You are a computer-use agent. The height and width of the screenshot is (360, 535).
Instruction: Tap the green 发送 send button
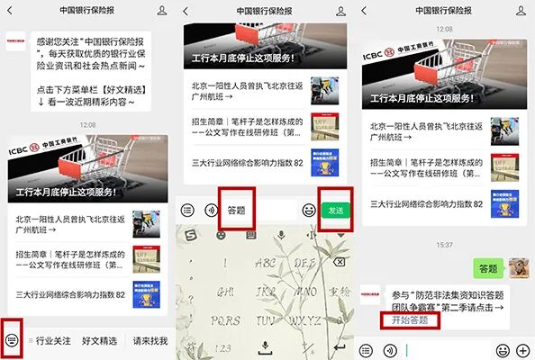pos(335,210)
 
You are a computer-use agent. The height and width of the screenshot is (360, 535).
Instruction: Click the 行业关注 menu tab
pos(53,341)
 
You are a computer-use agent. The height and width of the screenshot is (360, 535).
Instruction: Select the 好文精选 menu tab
pos(99,341)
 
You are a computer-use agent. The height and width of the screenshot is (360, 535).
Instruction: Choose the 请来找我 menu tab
pos(150,341)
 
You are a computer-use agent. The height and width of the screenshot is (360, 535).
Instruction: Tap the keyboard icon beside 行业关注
pos(12,341)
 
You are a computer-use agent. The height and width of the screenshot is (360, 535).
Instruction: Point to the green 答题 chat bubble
pos(487,268)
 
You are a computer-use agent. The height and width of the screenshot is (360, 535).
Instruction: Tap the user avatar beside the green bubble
pos(519,268)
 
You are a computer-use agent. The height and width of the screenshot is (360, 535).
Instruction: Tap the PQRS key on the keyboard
pos(215,320)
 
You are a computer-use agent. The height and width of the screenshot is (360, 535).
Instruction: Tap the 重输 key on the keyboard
pos(338,292)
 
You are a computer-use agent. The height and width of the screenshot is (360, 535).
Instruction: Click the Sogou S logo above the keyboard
pos(190,235)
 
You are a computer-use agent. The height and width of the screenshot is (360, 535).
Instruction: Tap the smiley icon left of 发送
pos(309,210)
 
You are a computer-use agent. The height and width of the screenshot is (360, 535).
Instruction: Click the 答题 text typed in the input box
pos(237,210)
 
